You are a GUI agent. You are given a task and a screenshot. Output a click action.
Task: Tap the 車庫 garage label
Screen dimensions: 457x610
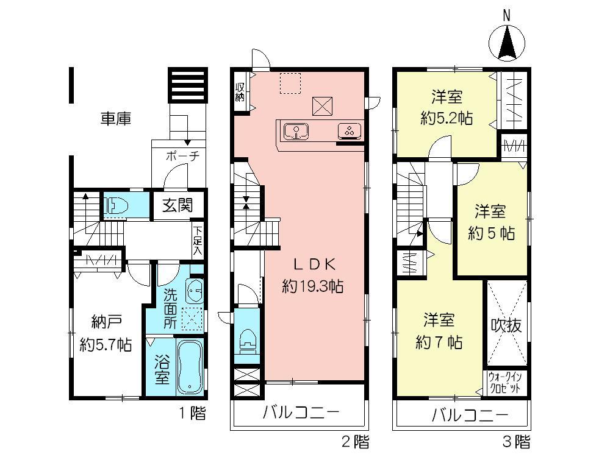116,119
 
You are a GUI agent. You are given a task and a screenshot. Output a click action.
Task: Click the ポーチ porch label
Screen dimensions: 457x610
183,155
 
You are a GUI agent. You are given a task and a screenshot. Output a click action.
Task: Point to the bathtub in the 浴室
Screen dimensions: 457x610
190,367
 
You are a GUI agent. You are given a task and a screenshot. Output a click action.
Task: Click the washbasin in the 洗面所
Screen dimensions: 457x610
193,292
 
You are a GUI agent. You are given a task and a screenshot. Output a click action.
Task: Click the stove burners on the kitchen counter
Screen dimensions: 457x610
350,131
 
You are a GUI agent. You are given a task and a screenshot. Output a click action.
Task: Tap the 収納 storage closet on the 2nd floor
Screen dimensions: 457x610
240,91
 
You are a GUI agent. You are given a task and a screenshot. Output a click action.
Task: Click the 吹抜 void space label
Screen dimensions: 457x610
506,325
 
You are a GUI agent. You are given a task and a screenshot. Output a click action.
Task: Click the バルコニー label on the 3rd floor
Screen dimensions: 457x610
470,416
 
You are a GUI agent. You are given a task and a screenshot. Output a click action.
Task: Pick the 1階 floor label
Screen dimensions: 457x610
193,414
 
